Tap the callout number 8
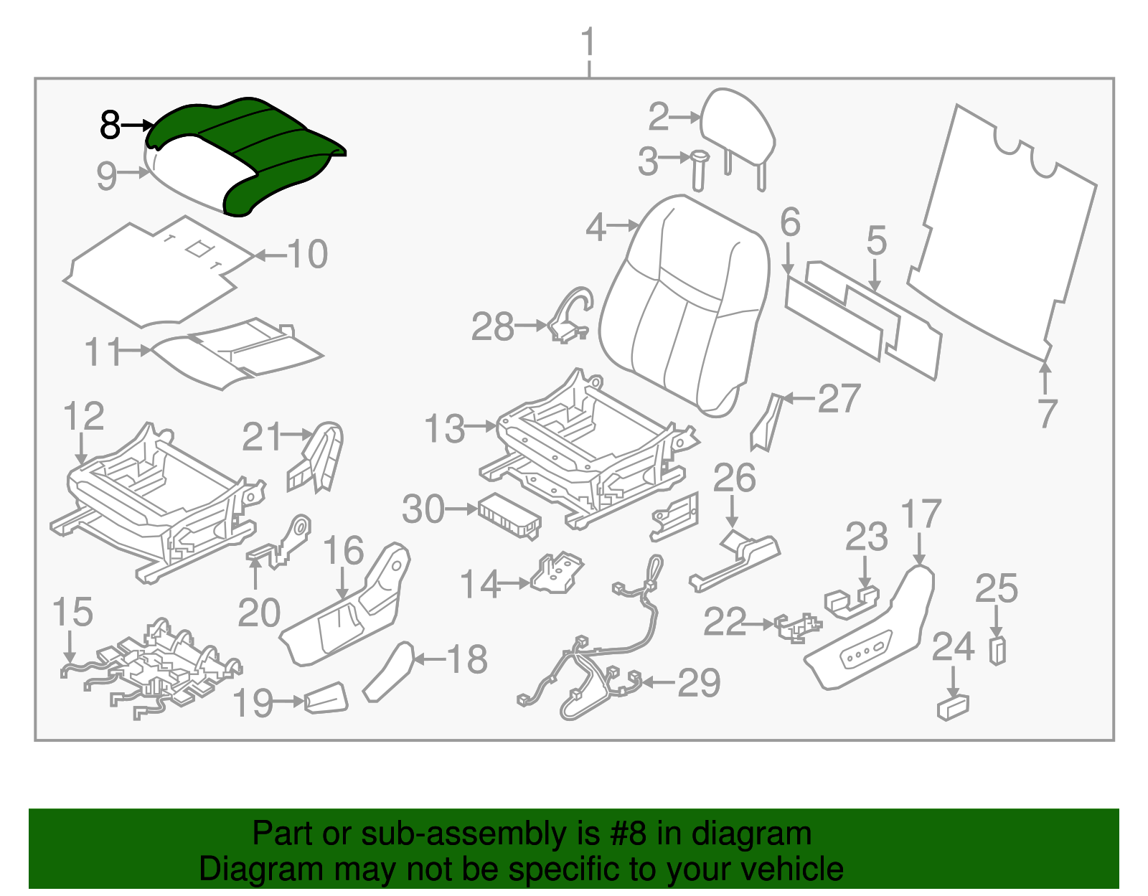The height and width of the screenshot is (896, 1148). (x=110, y=125)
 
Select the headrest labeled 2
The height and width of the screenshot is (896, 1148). (x=739, y=129)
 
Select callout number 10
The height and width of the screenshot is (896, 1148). (x=308, y=255)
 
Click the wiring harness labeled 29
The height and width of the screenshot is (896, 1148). (x=603, y=660)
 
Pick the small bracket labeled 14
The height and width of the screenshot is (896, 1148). (x=556, y=574)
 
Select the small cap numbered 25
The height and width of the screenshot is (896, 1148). (x=997, y=650)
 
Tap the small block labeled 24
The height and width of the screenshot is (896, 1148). (x=953, y=707)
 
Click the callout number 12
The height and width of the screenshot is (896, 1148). (x=83, y=417)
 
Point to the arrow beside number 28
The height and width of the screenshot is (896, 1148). (x=531, y=326)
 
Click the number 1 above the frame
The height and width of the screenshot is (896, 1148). (x=588, y=43)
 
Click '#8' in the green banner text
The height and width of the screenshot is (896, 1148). (x=629, y=834)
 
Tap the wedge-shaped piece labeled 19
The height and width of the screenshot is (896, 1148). (x=327, y=698)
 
